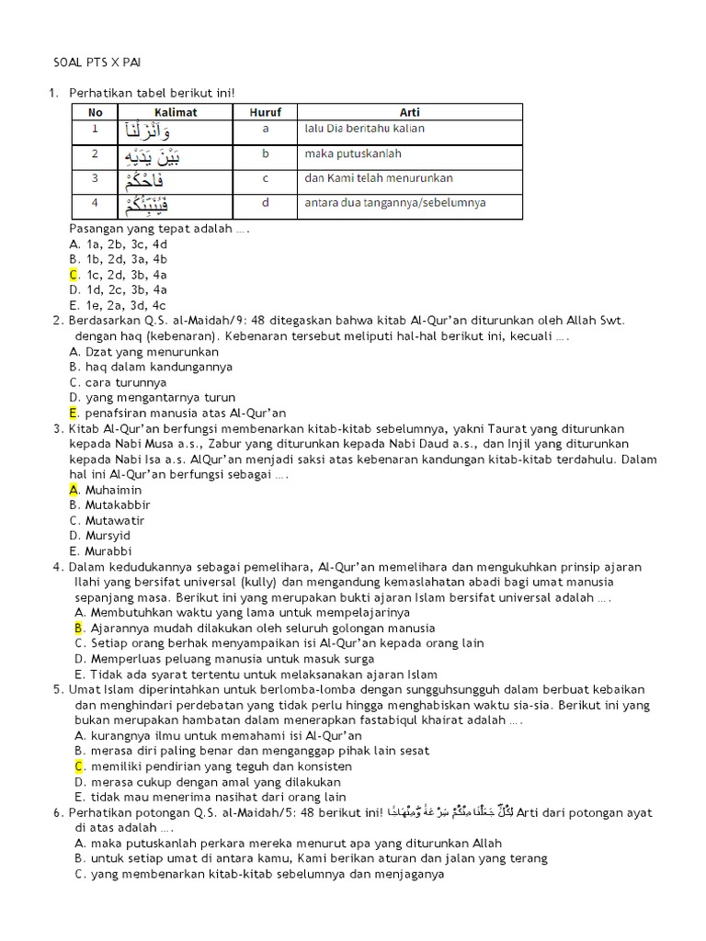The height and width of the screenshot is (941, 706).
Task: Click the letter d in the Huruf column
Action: click(265, 202)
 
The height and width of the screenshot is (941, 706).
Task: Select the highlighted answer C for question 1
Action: click(74, 275)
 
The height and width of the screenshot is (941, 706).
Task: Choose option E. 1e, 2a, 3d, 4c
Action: click(118, 305)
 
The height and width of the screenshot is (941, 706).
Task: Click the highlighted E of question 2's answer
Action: click(74, 413)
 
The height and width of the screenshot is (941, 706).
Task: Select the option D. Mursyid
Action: click(100, 535)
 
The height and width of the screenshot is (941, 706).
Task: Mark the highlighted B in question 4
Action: click(79, 628)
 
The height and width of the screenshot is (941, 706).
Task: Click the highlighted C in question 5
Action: click(79, 765)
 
